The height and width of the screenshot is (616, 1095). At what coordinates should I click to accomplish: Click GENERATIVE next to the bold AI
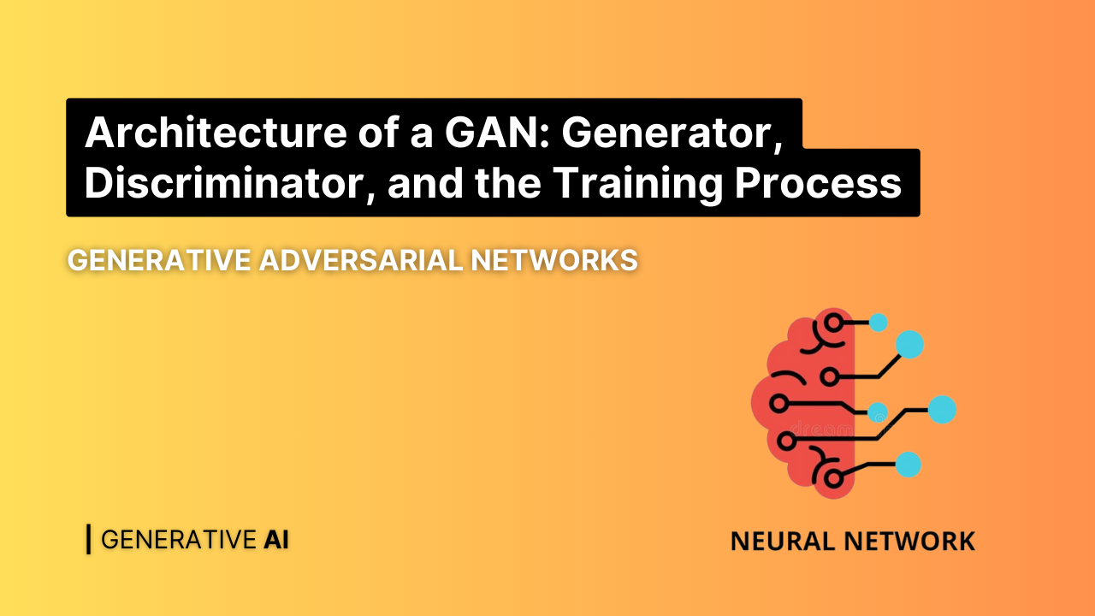pos(178,540)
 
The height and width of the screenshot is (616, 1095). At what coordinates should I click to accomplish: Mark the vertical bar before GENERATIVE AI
pos(88,539)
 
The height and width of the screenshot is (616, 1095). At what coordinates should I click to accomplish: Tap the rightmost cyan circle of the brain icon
pos(942,410)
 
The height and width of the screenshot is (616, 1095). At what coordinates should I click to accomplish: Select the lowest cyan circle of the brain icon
pos(908,465)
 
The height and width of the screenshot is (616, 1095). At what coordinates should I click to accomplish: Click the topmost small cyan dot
pos(878,323)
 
